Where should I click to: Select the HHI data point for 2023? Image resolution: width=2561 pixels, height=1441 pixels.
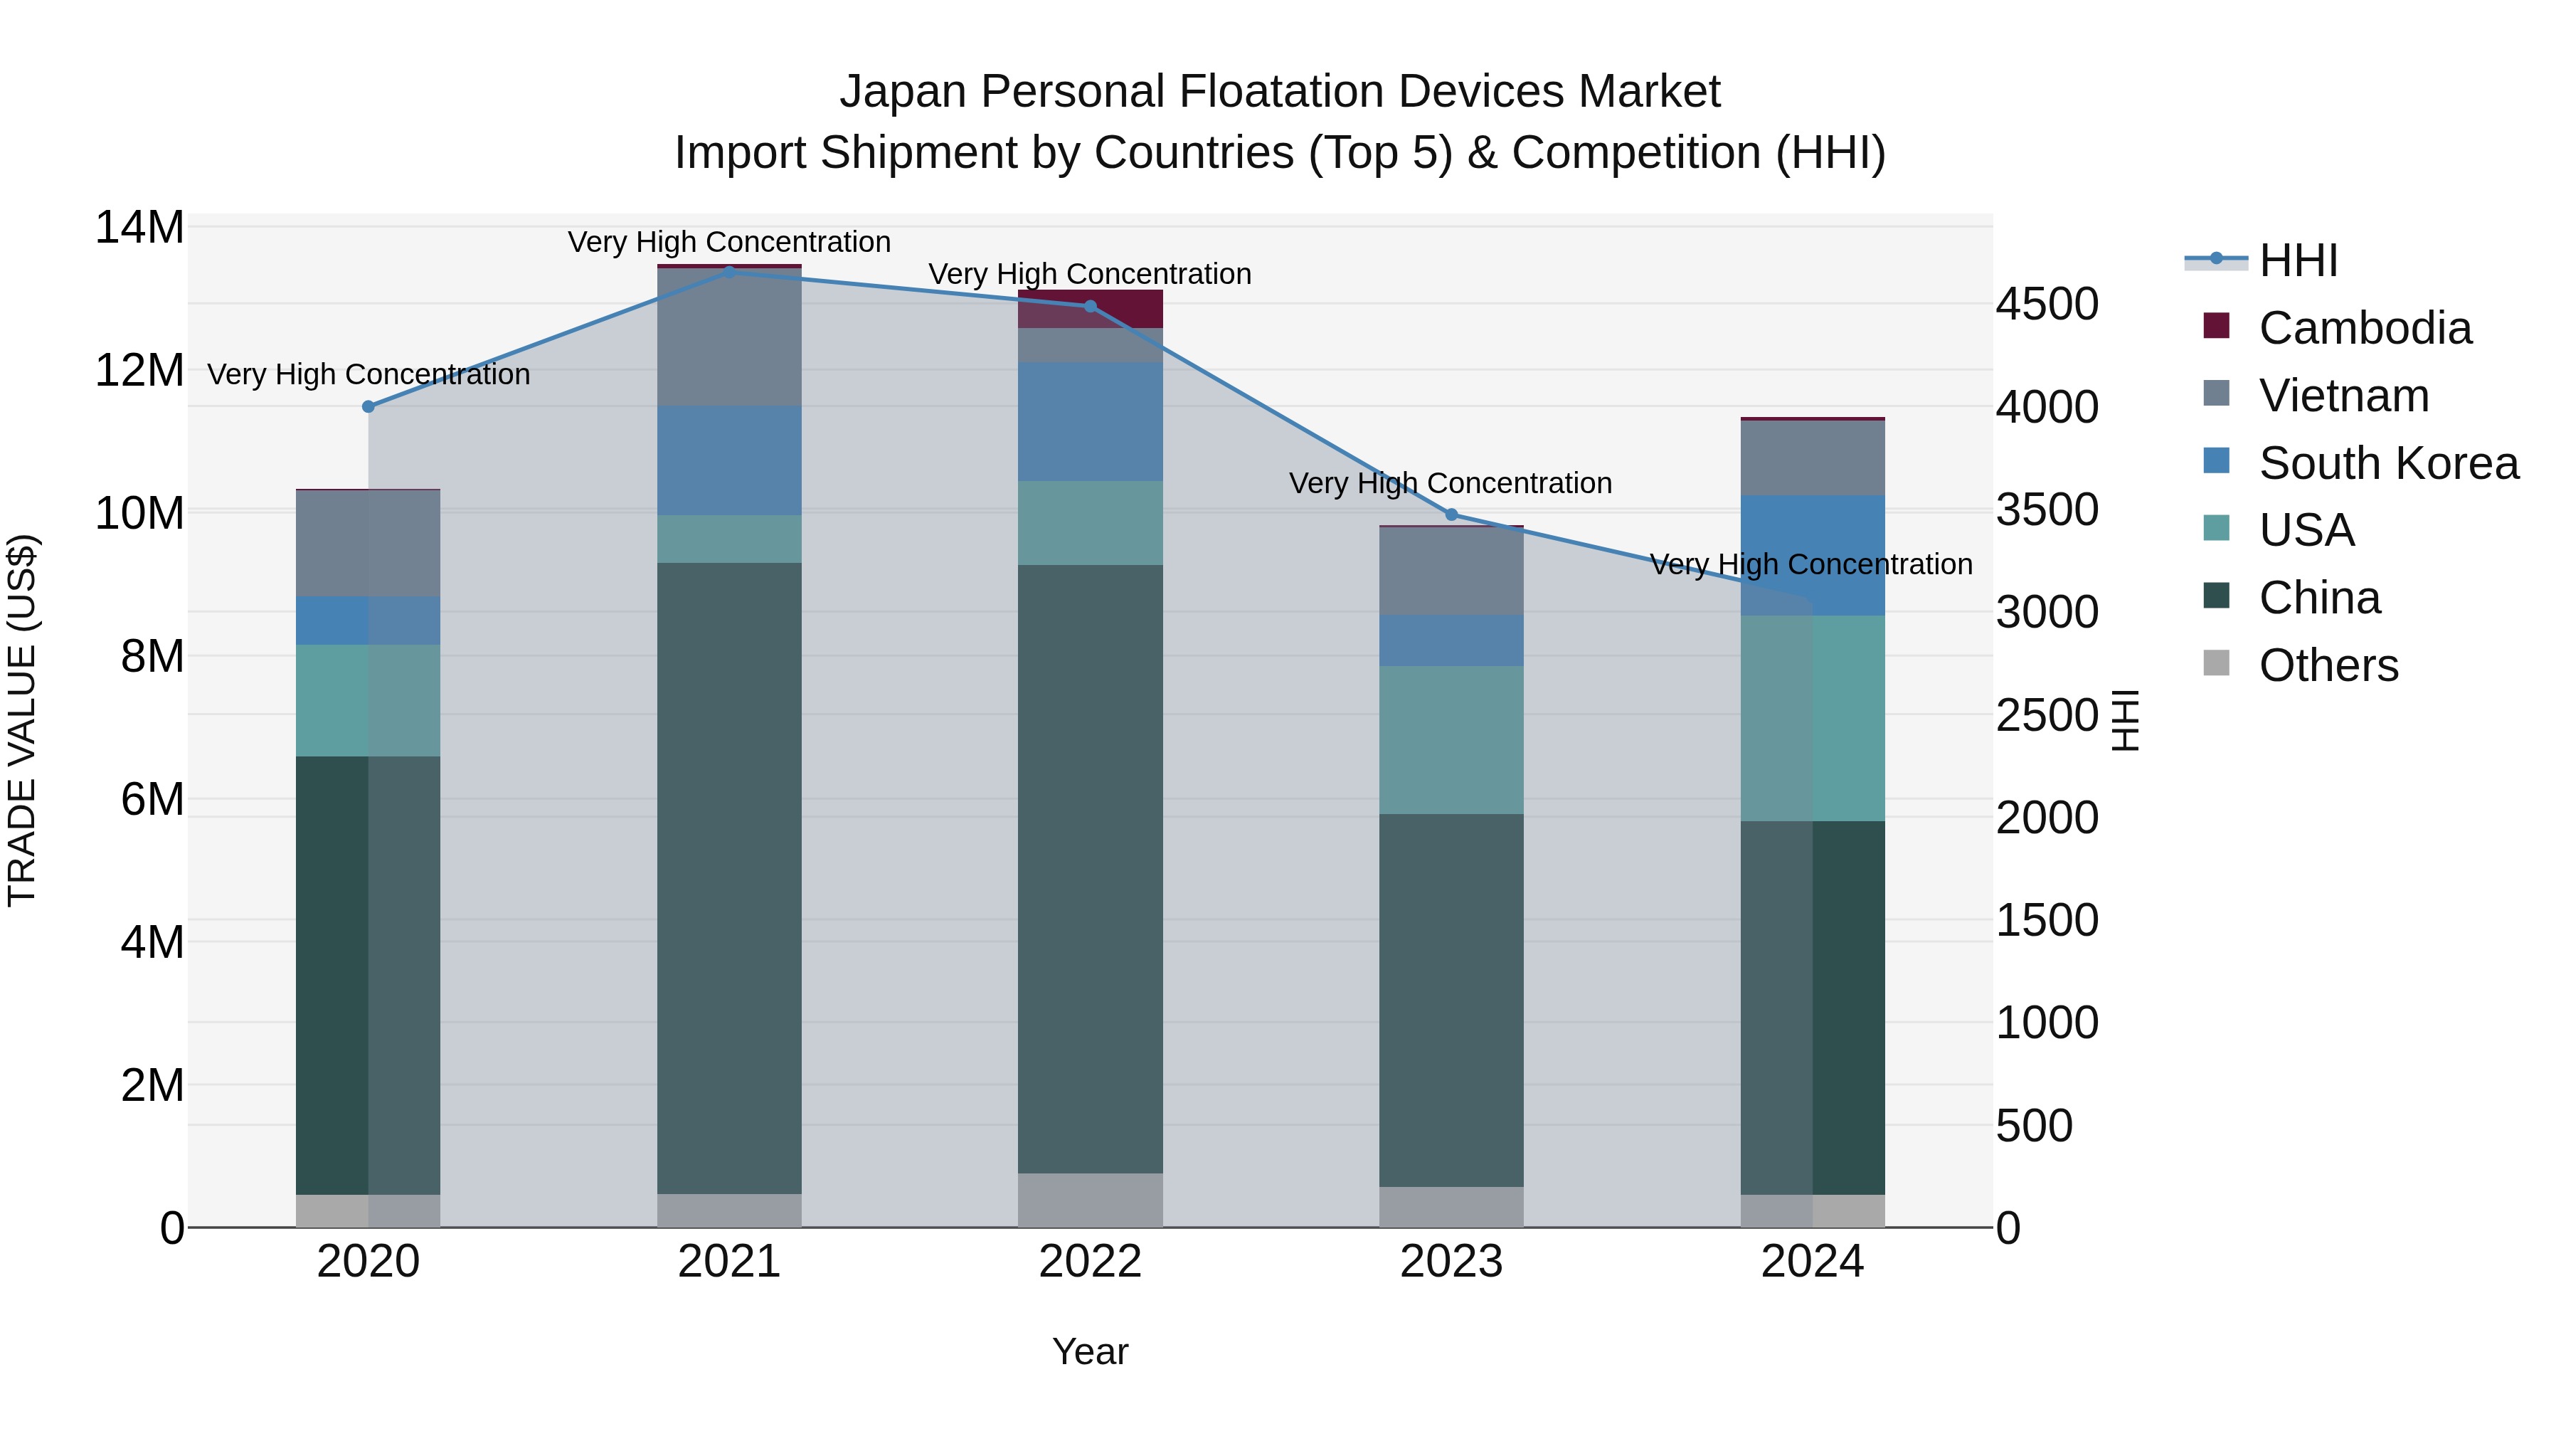[1451, 514]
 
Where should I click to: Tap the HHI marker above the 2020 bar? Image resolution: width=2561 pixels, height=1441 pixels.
[368, 406]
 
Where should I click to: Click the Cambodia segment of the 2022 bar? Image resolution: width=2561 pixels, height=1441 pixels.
[1090, 308]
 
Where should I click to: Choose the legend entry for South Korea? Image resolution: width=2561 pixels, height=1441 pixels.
[2388, 463]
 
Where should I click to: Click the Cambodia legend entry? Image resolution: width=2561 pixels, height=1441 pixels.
[2364, 327]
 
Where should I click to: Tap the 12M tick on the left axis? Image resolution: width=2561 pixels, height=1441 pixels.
[139, 370]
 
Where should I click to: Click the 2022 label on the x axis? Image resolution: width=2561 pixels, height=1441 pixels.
[1090, 1261]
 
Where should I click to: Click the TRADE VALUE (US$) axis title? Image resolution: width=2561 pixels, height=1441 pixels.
[22, 720]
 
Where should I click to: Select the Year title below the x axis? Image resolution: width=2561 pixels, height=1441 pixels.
[1090, 1351]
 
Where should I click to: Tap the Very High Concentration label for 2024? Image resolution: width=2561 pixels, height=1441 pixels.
[1810, 564]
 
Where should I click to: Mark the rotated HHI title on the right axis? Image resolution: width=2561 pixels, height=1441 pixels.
[2124, 720]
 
